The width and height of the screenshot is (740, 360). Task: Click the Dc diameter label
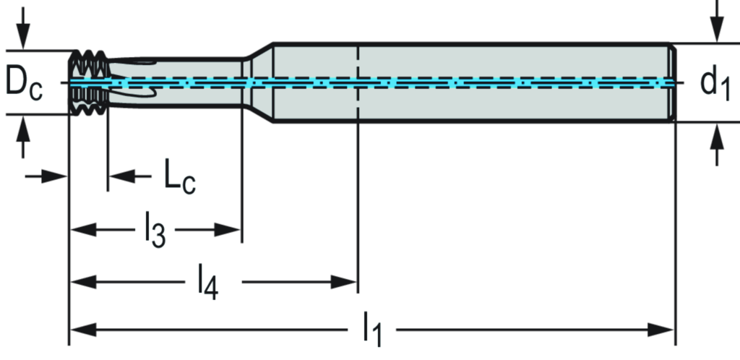(x=25, y=82)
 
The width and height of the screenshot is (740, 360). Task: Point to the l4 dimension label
(x=208, y=282)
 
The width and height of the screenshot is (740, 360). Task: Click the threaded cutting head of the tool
(x=89, y=83)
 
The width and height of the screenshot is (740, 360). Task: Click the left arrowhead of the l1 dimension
(x=81, y=331)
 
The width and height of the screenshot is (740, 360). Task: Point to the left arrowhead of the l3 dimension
(x=82, y=230)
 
